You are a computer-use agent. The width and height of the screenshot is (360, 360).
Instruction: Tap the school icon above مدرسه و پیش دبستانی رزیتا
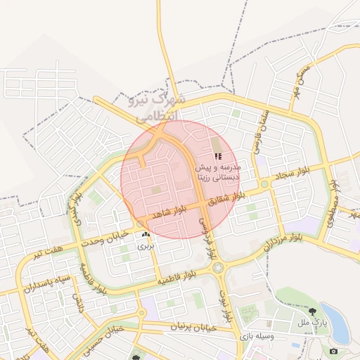[218, 156]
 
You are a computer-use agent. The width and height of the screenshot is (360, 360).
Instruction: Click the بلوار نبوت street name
[226, 302]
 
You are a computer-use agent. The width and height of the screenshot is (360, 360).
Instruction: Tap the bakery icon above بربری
[146, 234]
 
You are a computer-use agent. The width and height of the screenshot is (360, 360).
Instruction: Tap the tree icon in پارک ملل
[311, 310]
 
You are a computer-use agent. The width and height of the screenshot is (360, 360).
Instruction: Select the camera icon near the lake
[333, 351]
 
